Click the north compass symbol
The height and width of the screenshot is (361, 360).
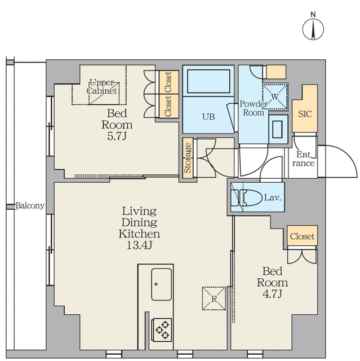coord(313,29)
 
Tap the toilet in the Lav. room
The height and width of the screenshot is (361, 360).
coord(251,197)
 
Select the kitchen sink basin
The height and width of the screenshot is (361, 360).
coord(161,284)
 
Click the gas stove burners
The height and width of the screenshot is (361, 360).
coord(162,330)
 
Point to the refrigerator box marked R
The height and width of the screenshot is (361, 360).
coord(214,298)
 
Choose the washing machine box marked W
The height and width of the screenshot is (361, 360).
coord(275,96)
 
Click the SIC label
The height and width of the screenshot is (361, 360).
coord(305,114)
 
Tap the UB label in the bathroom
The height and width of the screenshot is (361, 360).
coord(208,117)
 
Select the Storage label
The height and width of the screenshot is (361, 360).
coord(188,158)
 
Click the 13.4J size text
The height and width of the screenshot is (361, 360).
coord(139,245)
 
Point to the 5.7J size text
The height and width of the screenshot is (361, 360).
coord(117,137)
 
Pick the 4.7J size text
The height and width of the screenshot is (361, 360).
coord(272,294)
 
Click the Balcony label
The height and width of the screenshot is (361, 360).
coord(30,205)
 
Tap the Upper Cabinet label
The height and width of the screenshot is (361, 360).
coord(102,86)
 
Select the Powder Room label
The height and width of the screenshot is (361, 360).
coord(254,108)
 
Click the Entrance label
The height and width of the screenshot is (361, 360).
coord(304,159)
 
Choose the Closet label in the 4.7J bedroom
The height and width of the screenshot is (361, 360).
coord(302,236)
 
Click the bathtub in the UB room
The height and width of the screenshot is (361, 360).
coord(208,81)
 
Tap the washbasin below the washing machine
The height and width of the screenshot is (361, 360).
coord(278,129)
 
